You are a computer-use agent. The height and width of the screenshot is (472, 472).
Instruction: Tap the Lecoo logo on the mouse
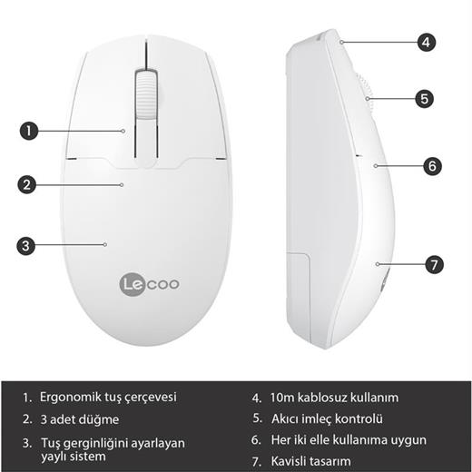[x=151, y=283]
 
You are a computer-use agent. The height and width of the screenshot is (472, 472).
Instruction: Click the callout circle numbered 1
[x=29, y=131]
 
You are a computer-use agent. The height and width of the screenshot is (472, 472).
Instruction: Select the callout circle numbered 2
[x=29, y=184]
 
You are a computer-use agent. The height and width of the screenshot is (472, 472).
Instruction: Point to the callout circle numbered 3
[x=27, y=244]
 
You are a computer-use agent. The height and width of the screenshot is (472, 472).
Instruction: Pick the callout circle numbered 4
[x=428, y=42]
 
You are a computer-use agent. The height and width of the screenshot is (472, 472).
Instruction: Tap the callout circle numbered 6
[x=433, y=166]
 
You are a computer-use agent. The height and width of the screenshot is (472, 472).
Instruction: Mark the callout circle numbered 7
[x=435, y=265]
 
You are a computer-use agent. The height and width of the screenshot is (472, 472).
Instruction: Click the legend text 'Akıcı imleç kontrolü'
[x=327, y=418]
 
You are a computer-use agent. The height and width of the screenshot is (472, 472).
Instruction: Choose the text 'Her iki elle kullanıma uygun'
[x=349, y=440]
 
